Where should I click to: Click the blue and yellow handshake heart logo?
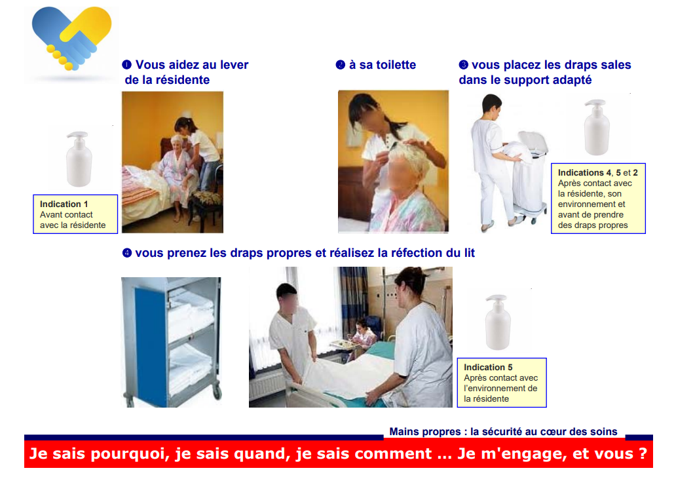[x=71, y=38]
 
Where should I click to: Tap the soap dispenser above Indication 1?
[x=79, y=159]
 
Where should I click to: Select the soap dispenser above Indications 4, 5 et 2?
[x=597, y=127]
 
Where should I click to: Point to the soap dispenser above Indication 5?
[x=498, y=322]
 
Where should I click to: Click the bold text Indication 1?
[x=64, y=204]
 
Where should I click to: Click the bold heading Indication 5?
[x=488, y=367]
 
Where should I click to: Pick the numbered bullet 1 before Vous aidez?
[x=127, y=65]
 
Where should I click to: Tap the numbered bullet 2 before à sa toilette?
[x=340, y=65]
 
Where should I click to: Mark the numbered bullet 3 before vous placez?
[x=464, y=65]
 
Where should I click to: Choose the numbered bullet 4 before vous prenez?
[x=127, y=253]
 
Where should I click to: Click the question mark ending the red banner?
[x=643, y=453]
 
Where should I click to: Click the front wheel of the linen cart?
[x=217, y=393]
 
